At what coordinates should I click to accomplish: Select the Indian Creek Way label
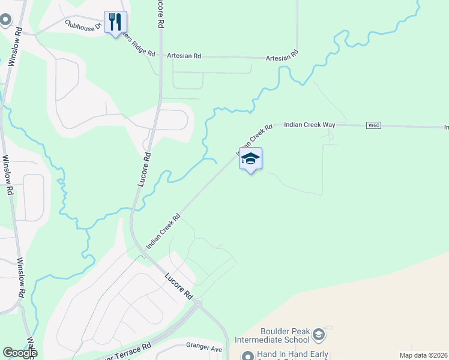tap(309, 125)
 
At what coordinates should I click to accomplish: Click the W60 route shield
tap(373, 125)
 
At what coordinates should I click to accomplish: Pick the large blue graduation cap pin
tap(250, 159)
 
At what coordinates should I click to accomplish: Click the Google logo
tap(20, 353)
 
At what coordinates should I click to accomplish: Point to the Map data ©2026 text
tap(423, 355)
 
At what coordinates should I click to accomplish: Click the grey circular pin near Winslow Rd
tap(5, 20)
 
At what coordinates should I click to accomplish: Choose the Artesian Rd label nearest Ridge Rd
tap(184, 56)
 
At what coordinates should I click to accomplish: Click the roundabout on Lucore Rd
tap(198, 305)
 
